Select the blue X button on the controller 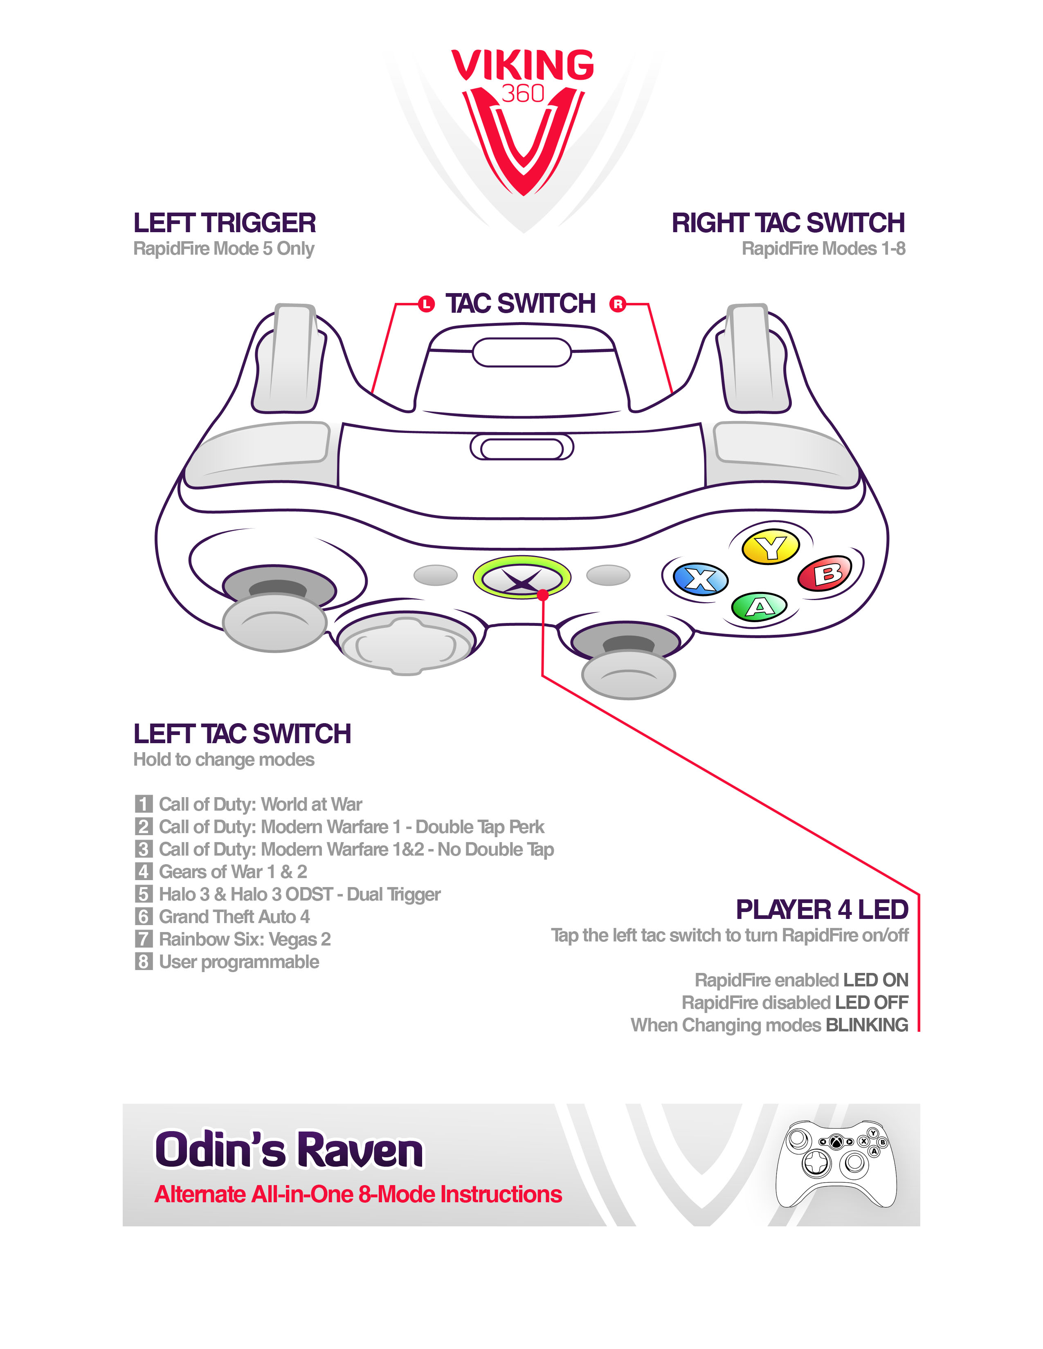(701, 579)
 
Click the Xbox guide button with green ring (521, 578)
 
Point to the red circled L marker (426, 304)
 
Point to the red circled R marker (617, 304)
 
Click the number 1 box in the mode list (143, 804)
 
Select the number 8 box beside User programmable (143, 962)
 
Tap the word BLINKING (867, 1025)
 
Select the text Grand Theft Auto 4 (234, 917)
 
